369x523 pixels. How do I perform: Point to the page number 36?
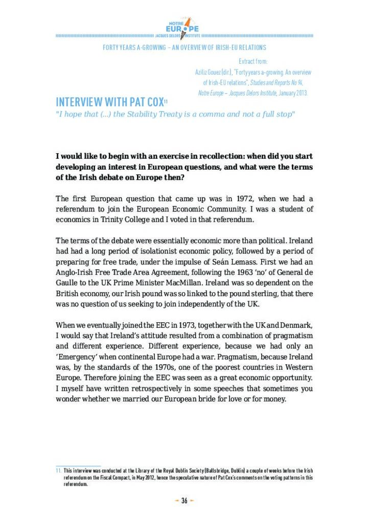(x=184, y=500)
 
